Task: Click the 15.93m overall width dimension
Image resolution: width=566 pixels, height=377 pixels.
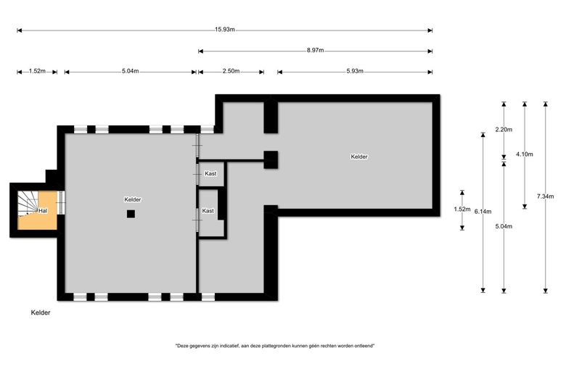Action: point(225,30)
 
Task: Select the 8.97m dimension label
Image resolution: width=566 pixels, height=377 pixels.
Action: point(315,51)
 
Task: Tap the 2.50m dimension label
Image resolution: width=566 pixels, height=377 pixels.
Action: point(231,72)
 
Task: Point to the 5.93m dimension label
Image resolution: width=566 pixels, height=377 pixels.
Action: point(354,72)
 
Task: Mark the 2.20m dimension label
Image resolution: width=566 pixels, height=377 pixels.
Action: point(504,130)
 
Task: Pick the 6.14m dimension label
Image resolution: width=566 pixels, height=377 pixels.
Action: point(483,212)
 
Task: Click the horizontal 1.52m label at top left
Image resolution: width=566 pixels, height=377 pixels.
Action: point(37,72)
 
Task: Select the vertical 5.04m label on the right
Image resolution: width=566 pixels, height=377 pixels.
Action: point(504,226)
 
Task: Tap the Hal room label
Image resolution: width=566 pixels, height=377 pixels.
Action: point(44,210)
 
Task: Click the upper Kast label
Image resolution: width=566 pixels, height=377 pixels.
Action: point(210,174)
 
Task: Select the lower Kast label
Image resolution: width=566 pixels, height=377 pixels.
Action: point(208,211)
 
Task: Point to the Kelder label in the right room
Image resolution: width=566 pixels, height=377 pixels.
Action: point(358,157)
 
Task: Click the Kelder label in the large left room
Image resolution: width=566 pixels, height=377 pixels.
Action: point(132,199)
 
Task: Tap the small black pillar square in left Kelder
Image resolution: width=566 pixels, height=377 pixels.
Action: point(131,213)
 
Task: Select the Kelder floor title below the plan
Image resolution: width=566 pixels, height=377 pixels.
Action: point(41,313)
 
